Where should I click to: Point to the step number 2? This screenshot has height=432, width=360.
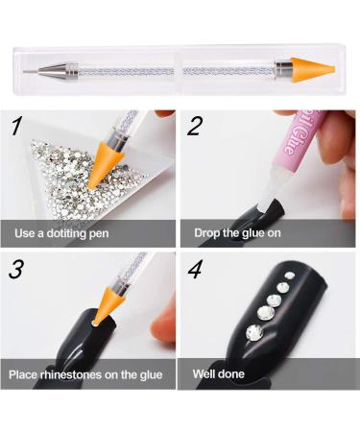click(x=196, y=126)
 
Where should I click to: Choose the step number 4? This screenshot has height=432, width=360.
click(x=196, y=269)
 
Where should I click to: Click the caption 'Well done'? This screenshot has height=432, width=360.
click(x=219, y=373)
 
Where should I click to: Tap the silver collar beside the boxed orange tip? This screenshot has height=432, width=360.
click(x=282, y=69)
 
